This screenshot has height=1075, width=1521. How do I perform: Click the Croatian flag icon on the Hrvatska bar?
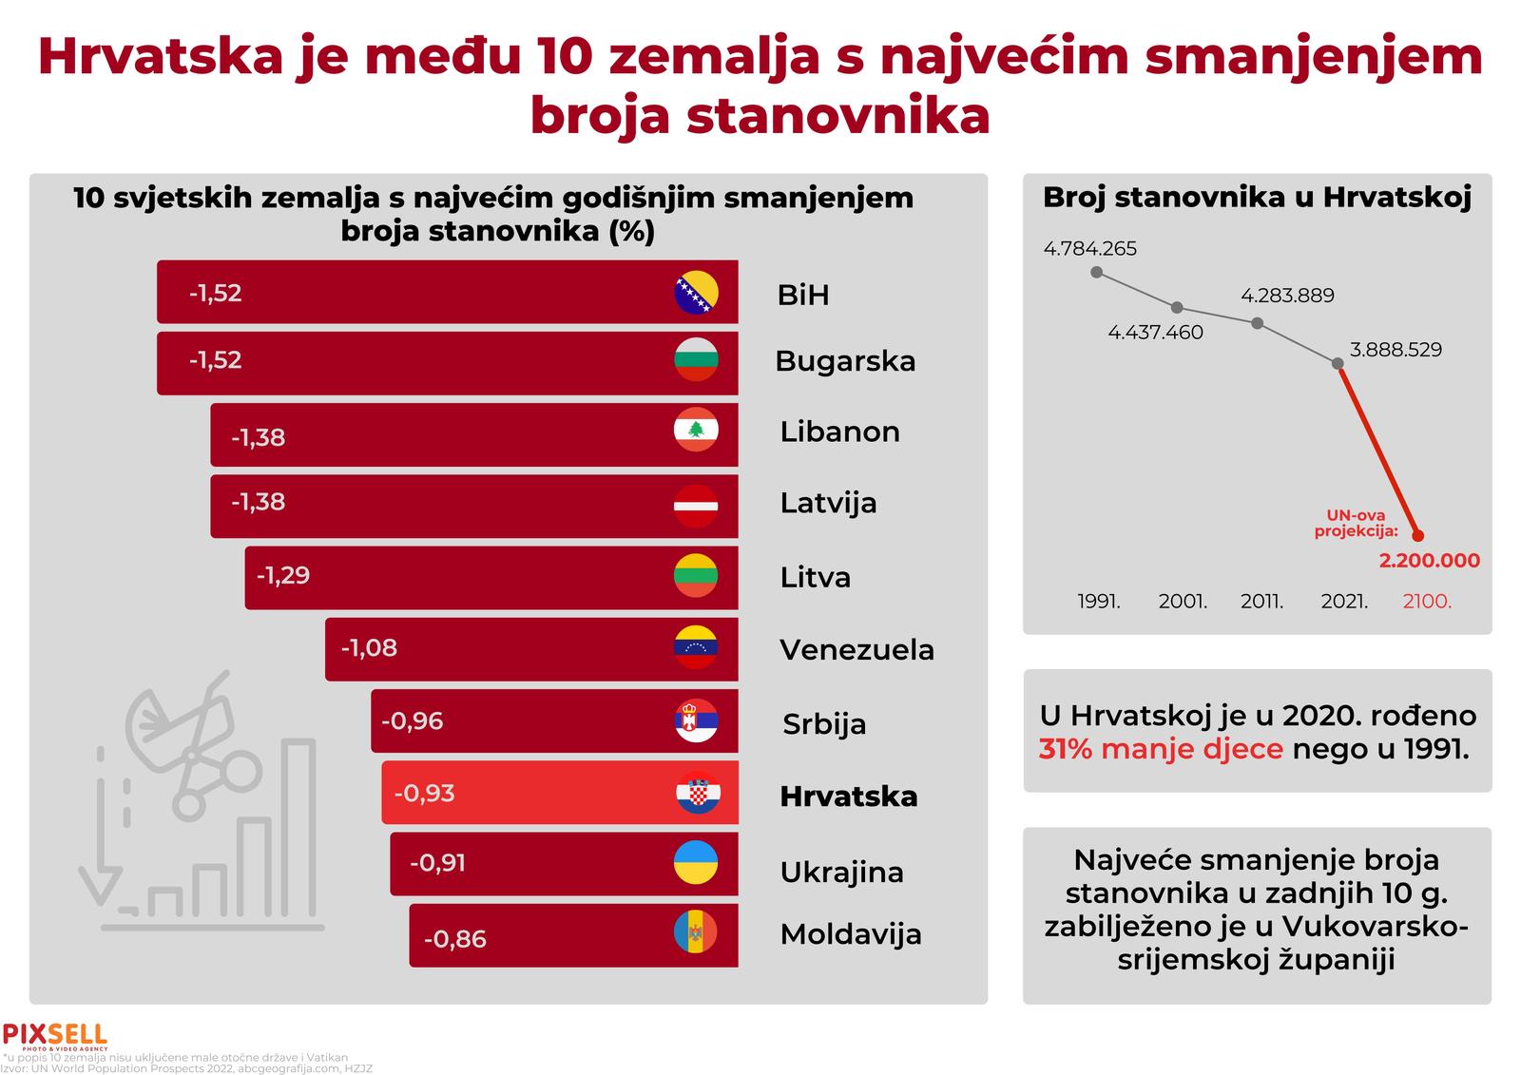[x=698, y=793]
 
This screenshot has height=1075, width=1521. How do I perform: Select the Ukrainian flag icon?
[x=696, y=863]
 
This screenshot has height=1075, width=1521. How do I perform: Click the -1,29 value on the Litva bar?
[x=282, y=575]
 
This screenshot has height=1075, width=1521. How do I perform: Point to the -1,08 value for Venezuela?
[x=369, y=648]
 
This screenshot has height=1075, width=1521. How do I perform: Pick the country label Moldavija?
[x=851, y=934]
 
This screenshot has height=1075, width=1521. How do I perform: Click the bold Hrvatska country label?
[x=849, y=797]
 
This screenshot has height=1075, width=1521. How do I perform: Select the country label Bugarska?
[x=845, y=361]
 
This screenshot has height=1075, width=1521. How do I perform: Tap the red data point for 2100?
[x=1418, y=535]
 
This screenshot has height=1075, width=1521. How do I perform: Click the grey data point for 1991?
[x=1097, y=272]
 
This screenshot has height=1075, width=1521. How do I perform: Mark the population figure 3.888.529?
[x=1396, y=350]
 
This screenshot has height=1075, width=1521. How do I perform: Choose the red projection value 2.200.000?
[x=1429, y=561]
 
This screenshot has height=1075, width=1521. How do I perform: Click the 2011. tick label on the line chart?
[x=1261, y=602]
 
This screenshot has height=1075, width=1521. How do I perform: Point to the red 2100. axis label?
[x=1427, y=602]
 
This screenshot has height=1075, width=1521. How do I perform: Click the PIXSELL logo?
[x=55, y=1035]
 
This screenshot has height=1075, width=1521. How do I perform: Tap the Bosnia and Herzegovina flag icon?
[x=696, y=293]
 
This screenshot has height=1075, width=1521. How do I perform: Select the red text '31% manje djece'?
[x=1161, y=749]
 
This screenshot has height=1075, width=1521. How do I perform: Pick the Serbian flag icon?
[x=696, y=721]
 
